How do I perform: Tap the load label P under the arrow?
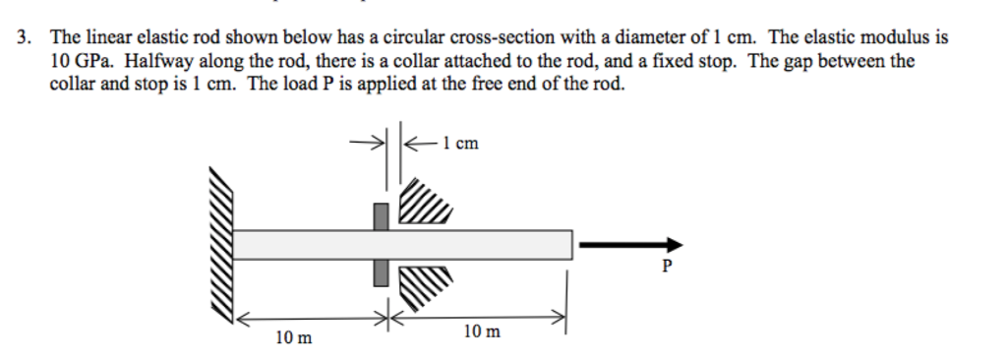coord(669,266)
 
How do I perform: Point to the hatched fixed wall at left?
coord(221,246)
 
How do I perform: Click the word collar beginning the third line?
coord(71,84)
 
